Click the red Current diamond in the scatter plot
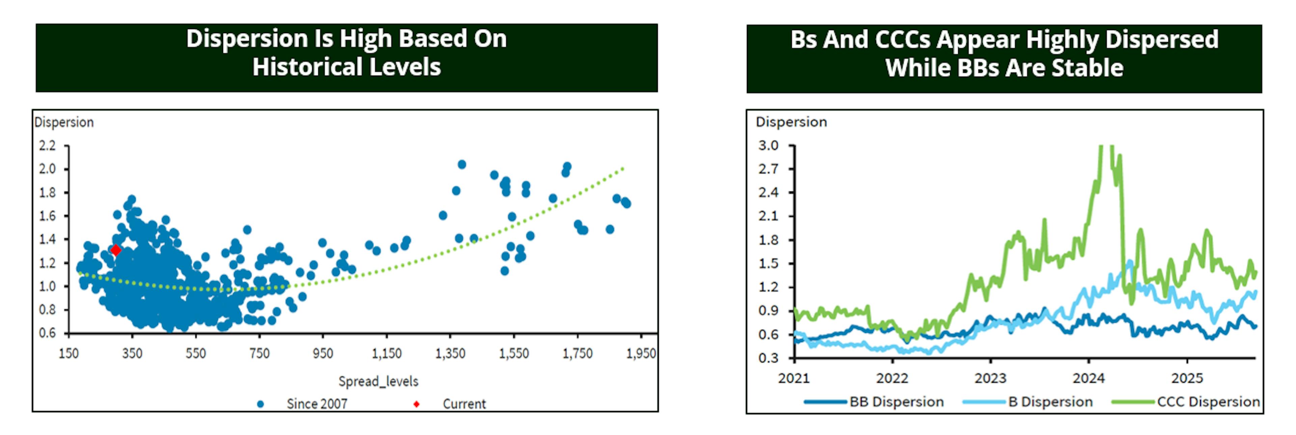(x=116, y=250)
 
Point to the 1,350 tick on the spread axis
(x=450, y=353)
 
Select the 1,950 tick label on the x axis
(x=641, y=353)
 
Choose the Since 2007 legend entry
(x=317, y=404)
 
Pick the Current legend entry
(x=463, y=404)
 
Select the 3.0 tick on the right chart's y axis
(x=768, y=146)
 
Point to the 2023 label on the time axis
(x=990, y=378)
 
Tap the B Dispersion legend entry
(x=1050, y=402)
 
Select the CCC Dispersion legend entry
(x=1208, y=402)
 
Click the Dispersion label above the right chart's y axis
(x=791, y=122)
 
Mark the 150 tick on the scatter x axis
(x=69, y=353)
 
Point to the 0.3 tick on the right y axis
(x=768, y=358)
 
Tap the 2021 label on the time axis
(x=794, y=378)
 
